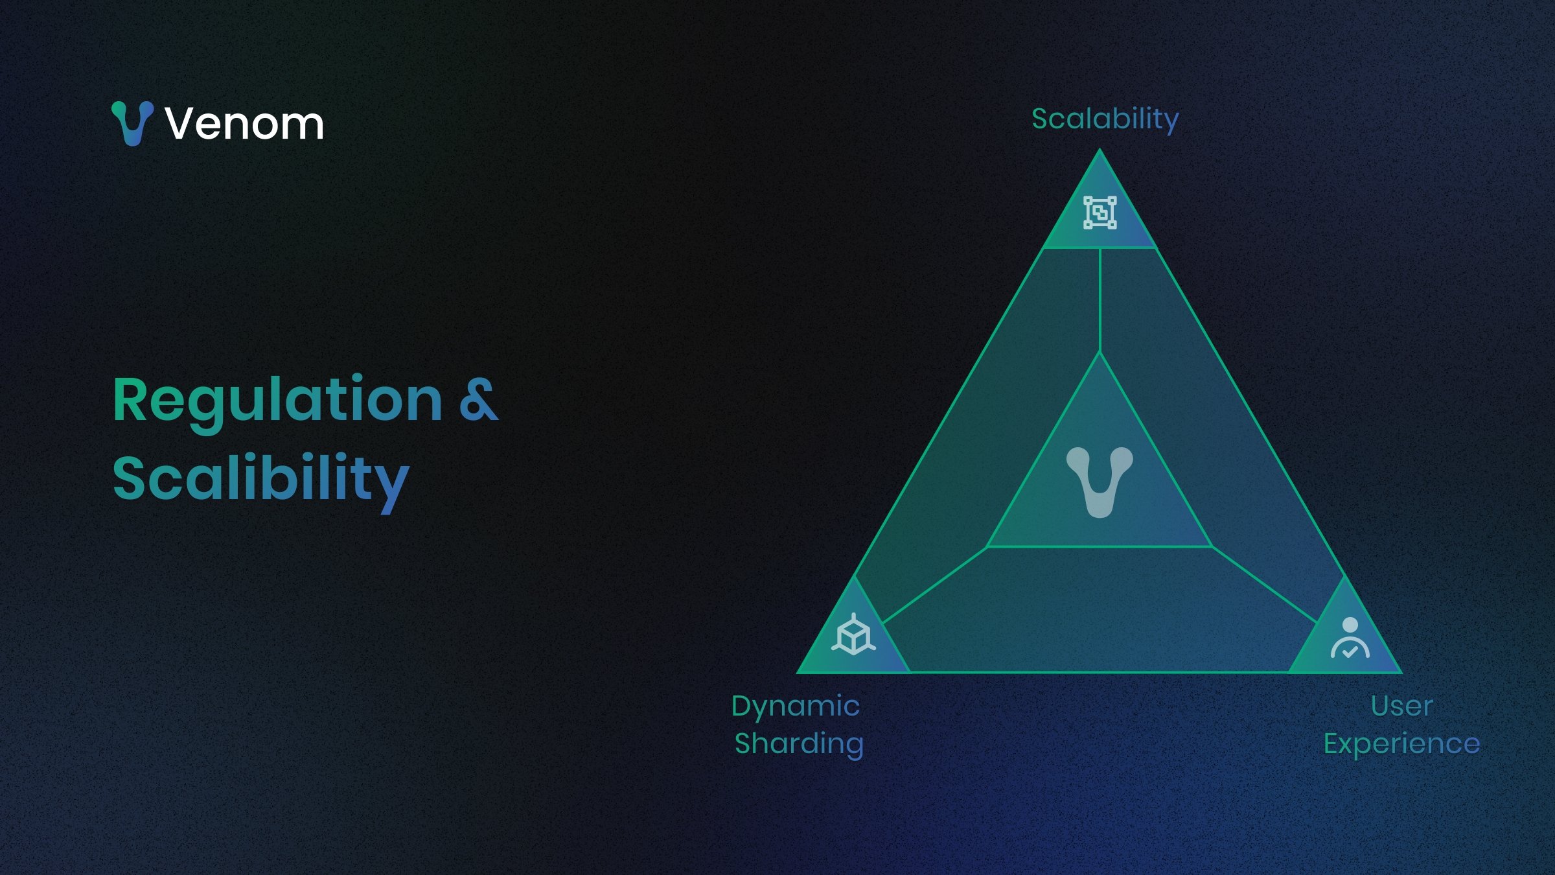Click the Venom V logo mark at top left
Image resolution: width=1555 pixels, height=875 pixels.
(x=132, y=123)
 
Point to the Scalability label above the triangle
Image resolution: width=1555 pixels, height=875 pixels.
(x=1105, y=119)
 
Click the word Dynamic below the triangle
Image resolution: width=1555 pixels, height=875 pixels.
(x=796, y=706)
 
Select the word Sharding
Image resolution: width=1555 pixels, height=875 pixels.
(x=799, y=744)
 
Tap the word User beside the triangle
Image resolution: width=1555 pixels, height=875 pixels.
(x=1401, y=706)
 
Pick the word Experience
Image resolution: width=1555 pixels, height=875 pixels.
(x=1401, y=744)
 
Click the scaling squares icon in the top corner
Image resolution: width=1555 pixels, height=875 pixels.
(x=1100, y=213)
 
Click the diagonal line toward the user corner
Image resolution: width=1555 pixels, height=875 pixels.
(x=1263, y=584)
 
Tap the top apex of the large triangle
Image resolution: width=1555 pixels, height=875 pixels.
(x=1100, y=152)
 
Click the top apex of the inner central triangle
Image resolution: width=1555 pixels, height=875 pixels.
(x=1100, y=353)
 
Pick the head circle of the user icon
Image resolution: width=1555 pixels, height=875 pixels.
(x=1350, y=624)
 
